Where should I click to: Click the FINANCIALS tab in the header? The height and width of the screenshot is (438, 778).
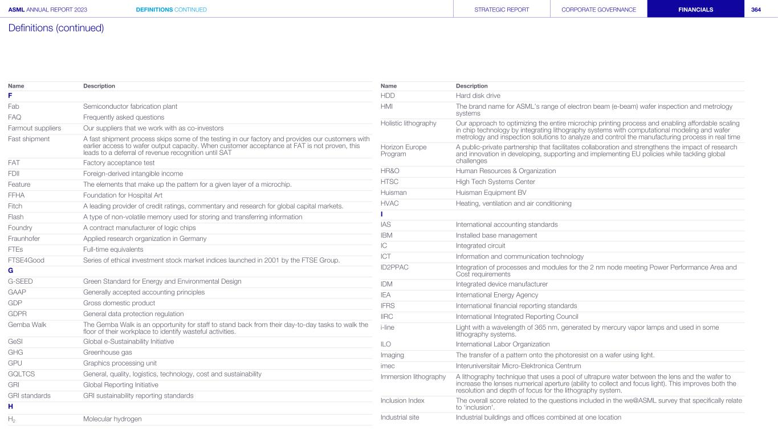pyautogui.click(x=695, y=9)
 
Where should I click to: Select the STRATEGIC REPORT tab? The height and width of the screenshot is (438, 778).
pyautogui.click(x=502, y=9)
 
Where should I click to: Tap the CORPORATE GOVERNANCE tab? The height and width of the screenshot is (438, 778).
pyautogui.click(x=598, y=9)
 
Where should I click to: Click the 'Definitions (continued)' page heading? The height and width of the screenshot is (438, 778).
pyautogui.click(x=56, y=28)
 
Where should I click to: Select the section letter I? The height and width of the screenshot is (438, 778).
pyautogui.click(x=382, y=214)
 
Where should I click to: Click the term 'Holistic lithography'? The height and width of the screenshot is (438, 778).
pyautogui.click(x=408, y=123)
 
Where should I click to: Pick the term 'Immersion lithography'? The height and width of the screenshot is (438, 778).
pyautogui.click(x=413, y=376)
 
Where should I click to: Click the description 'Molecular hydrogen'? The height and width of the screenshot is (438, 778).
pyautogui.click(x=112, y=419)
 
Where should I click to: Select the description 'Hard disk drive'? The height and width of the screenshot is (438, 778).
pyautogui.click(x=478, y=95)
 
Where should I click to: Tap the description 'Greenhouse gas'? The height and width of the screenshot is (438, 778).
pyautogui.click(x=108, y=353)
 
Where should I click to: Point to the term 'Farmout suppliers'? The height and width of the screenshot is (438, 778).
pyautogui.click(x=34, y=128)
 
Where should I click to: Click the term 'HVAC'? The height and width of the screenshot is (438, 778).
pyautogui.click(x=389, y=203)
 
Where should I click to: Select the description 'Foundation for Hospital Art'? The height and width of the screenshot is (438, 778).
pyautogui.click(x=121, y=195)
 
